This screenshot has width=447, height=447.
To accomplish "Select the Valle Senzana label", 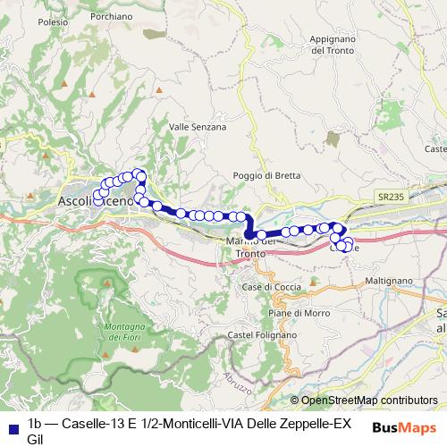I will coord(198,128).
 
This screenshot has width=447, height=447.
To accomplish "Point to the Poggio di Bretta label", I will coord(262,175).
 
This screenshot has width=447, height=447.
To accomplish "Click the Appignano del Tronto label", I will coord(332,46).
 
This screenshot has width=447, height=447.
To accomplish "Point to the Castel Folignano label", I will coord(262,334).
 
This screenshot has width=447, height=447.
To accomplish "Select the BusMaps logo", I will coord(404,428).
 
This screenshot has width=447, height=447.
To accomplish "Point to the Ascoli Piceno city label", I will coord(96,202).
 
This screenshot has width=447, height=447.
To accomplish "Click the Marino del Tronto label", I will coord(250,247).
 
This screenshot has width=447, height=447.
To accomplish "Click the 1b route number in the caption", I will coord(36,423).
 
